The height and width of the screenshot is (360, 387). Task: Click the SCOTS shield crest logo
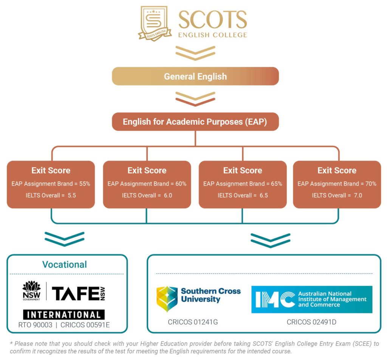pyautogui.click(x=155, y=23)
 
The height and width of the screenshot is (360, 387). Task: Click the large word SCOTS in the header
pyautogui.click(x=212, y=19)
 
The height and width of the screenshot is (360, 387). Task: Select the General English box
pyautogui.click(x=195, y=76)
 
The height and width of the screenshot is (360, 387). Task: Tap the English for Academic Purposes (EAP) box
pyautogui.click(x=195, y=122)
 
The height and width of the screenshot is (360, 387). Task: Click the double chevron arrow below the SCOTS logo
pyautogui.click(x=195, y=53)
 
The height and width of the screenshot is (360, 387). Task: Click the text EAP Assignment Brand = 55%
pyautogui.click(x=51, y=184)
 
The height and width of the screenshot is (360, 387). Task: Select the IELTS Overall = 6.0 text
pyautogui.click(x=147, y=196)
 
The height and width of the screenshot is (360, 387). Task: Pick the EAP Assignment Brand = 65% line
pyautogui.click(x=243, y=184)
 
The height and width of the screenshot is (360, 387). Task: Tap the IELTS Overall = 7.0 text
pyautogui.click(x=337, y=196)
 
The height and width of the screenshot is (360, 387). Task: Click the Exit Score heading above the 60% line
pyautogui.click(x=147, y=171)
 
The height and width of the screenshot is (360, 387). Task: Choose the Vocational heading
pyautogui.click(x=65, y=264)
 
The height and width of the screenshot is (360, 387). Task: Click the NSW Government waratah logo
pyautogui.click(x=31, y=291)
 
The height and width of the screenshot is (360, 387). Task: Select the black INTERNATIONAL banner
pyautogui.click(x=64, y=315)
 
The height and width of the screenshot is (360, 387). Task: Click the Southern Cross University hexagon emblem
pyautogui.click(x=167, y=298)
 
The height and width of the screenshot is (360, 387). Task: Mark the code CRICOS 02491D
pyautogui.click(x=312, y=322)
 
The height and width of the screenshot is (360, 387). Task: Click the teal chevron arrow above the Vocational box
pyautogui.click(x=65, y=239)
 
